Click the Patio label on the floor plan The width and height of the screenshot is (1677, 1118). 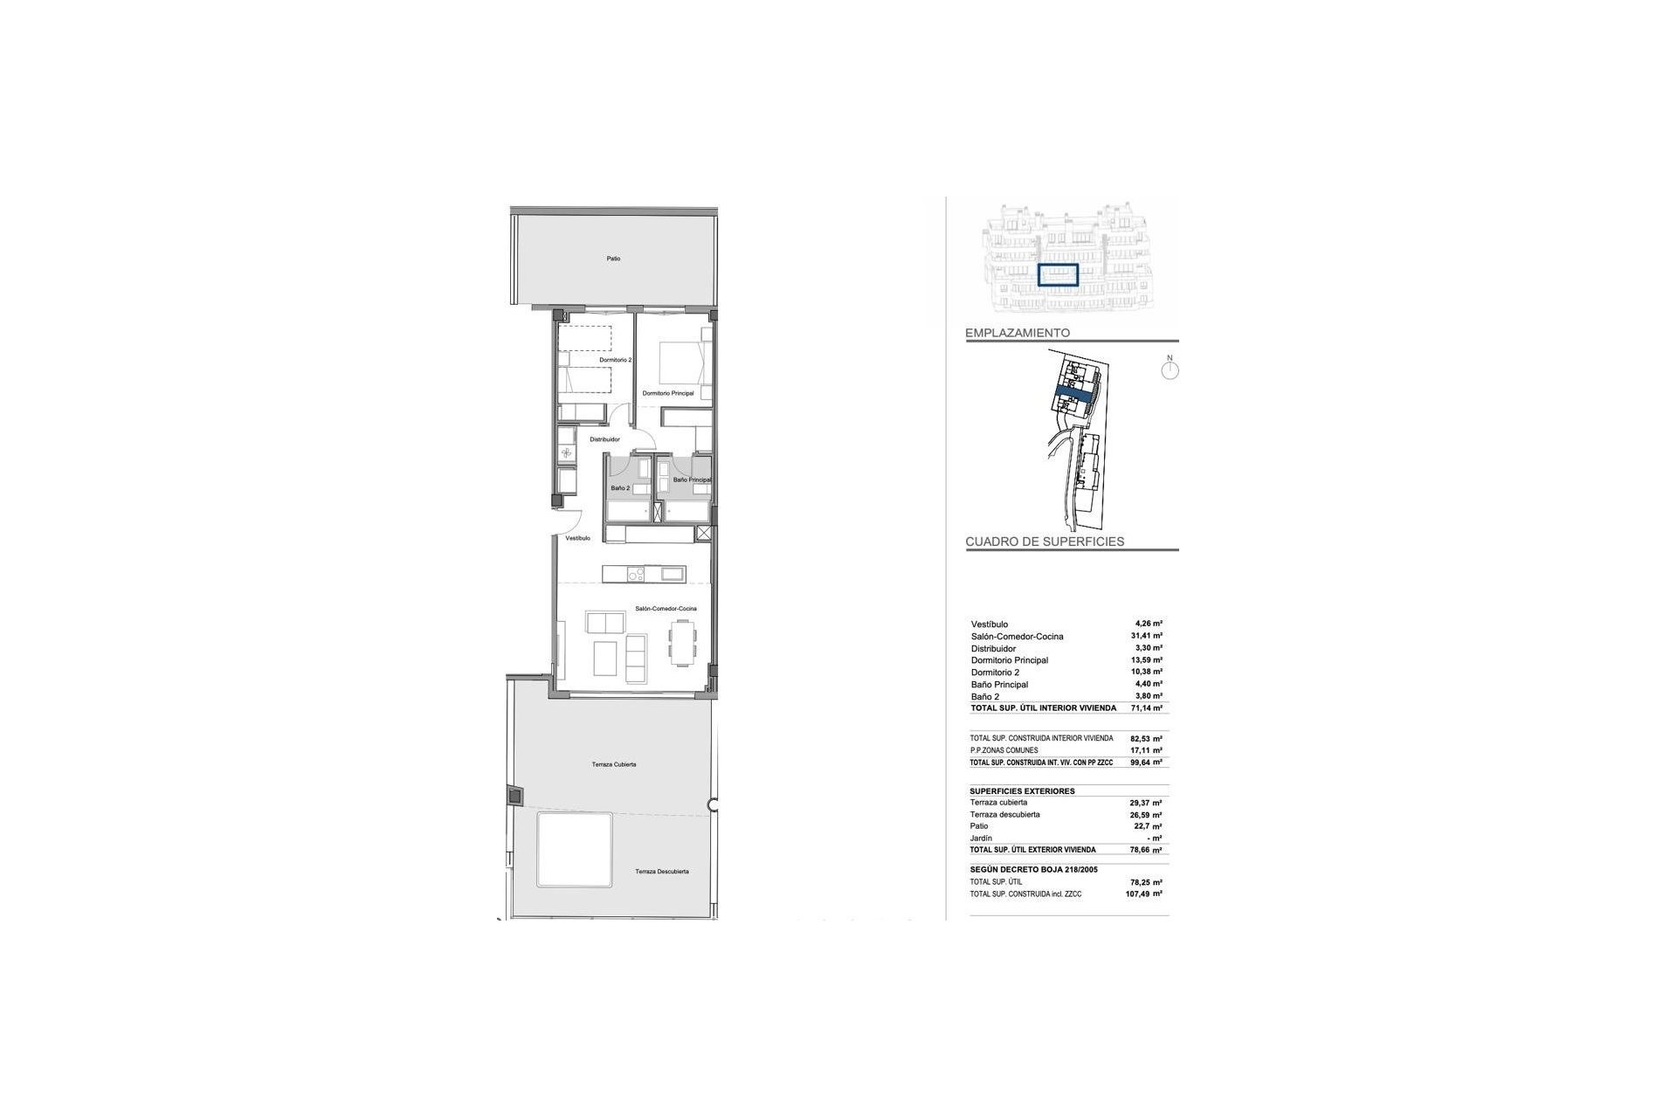614,259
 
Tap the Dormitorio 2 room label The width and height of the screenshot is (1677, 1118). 615,360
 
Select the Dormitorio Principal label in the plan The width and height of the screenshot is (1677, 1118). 668,394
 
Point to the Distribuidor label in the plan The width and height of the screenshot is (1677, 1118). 604,439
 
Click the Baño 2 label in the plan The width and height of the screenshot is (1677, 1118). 620,488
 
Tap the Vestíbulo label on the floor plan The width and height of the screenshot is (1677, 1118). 577,538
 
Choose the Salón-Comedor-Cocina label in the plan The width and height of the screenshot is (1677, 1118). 666,608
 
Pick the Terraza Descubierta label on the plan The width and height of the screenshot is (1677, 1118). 662,872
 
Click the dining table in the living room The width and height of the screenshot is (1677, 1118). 683,643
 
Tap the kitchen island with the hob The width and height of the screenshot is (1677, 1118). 644,574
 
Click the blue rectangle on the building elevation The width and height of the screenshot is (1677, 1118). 1059,275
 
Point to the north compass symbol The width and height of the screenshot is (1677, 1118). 1170,369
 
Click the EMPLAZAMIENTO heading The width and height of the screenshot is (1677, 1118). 1018,333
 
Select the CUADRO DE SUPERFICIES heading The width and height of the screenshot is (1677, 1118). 1045,542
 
